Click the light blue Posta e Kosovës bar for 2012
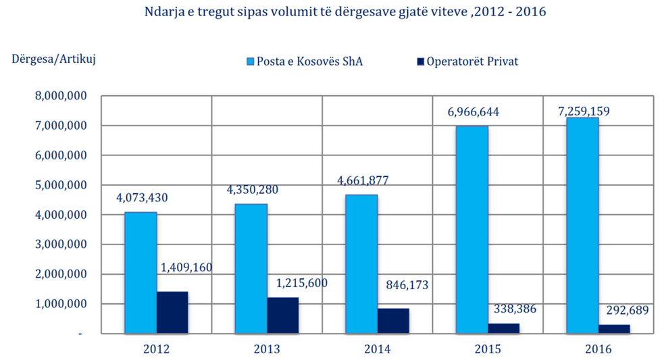(141, 273)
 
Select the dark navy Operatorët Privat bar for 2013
(282, 315)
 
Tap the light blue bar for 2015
(472, 230)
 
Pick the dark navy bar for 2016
(613, 329)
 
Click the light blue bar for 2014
(361, 264)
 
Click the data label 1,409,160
(186, 267)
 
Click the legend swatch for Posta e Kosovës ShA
(249, 61)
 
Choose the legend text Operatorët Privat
(472, 61)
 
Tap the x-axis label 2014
(377, 349)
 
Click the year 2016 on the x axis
(598, 349)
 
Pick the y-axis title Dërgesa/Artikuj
(54, 59)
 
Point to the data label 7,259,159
(579, 110)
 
